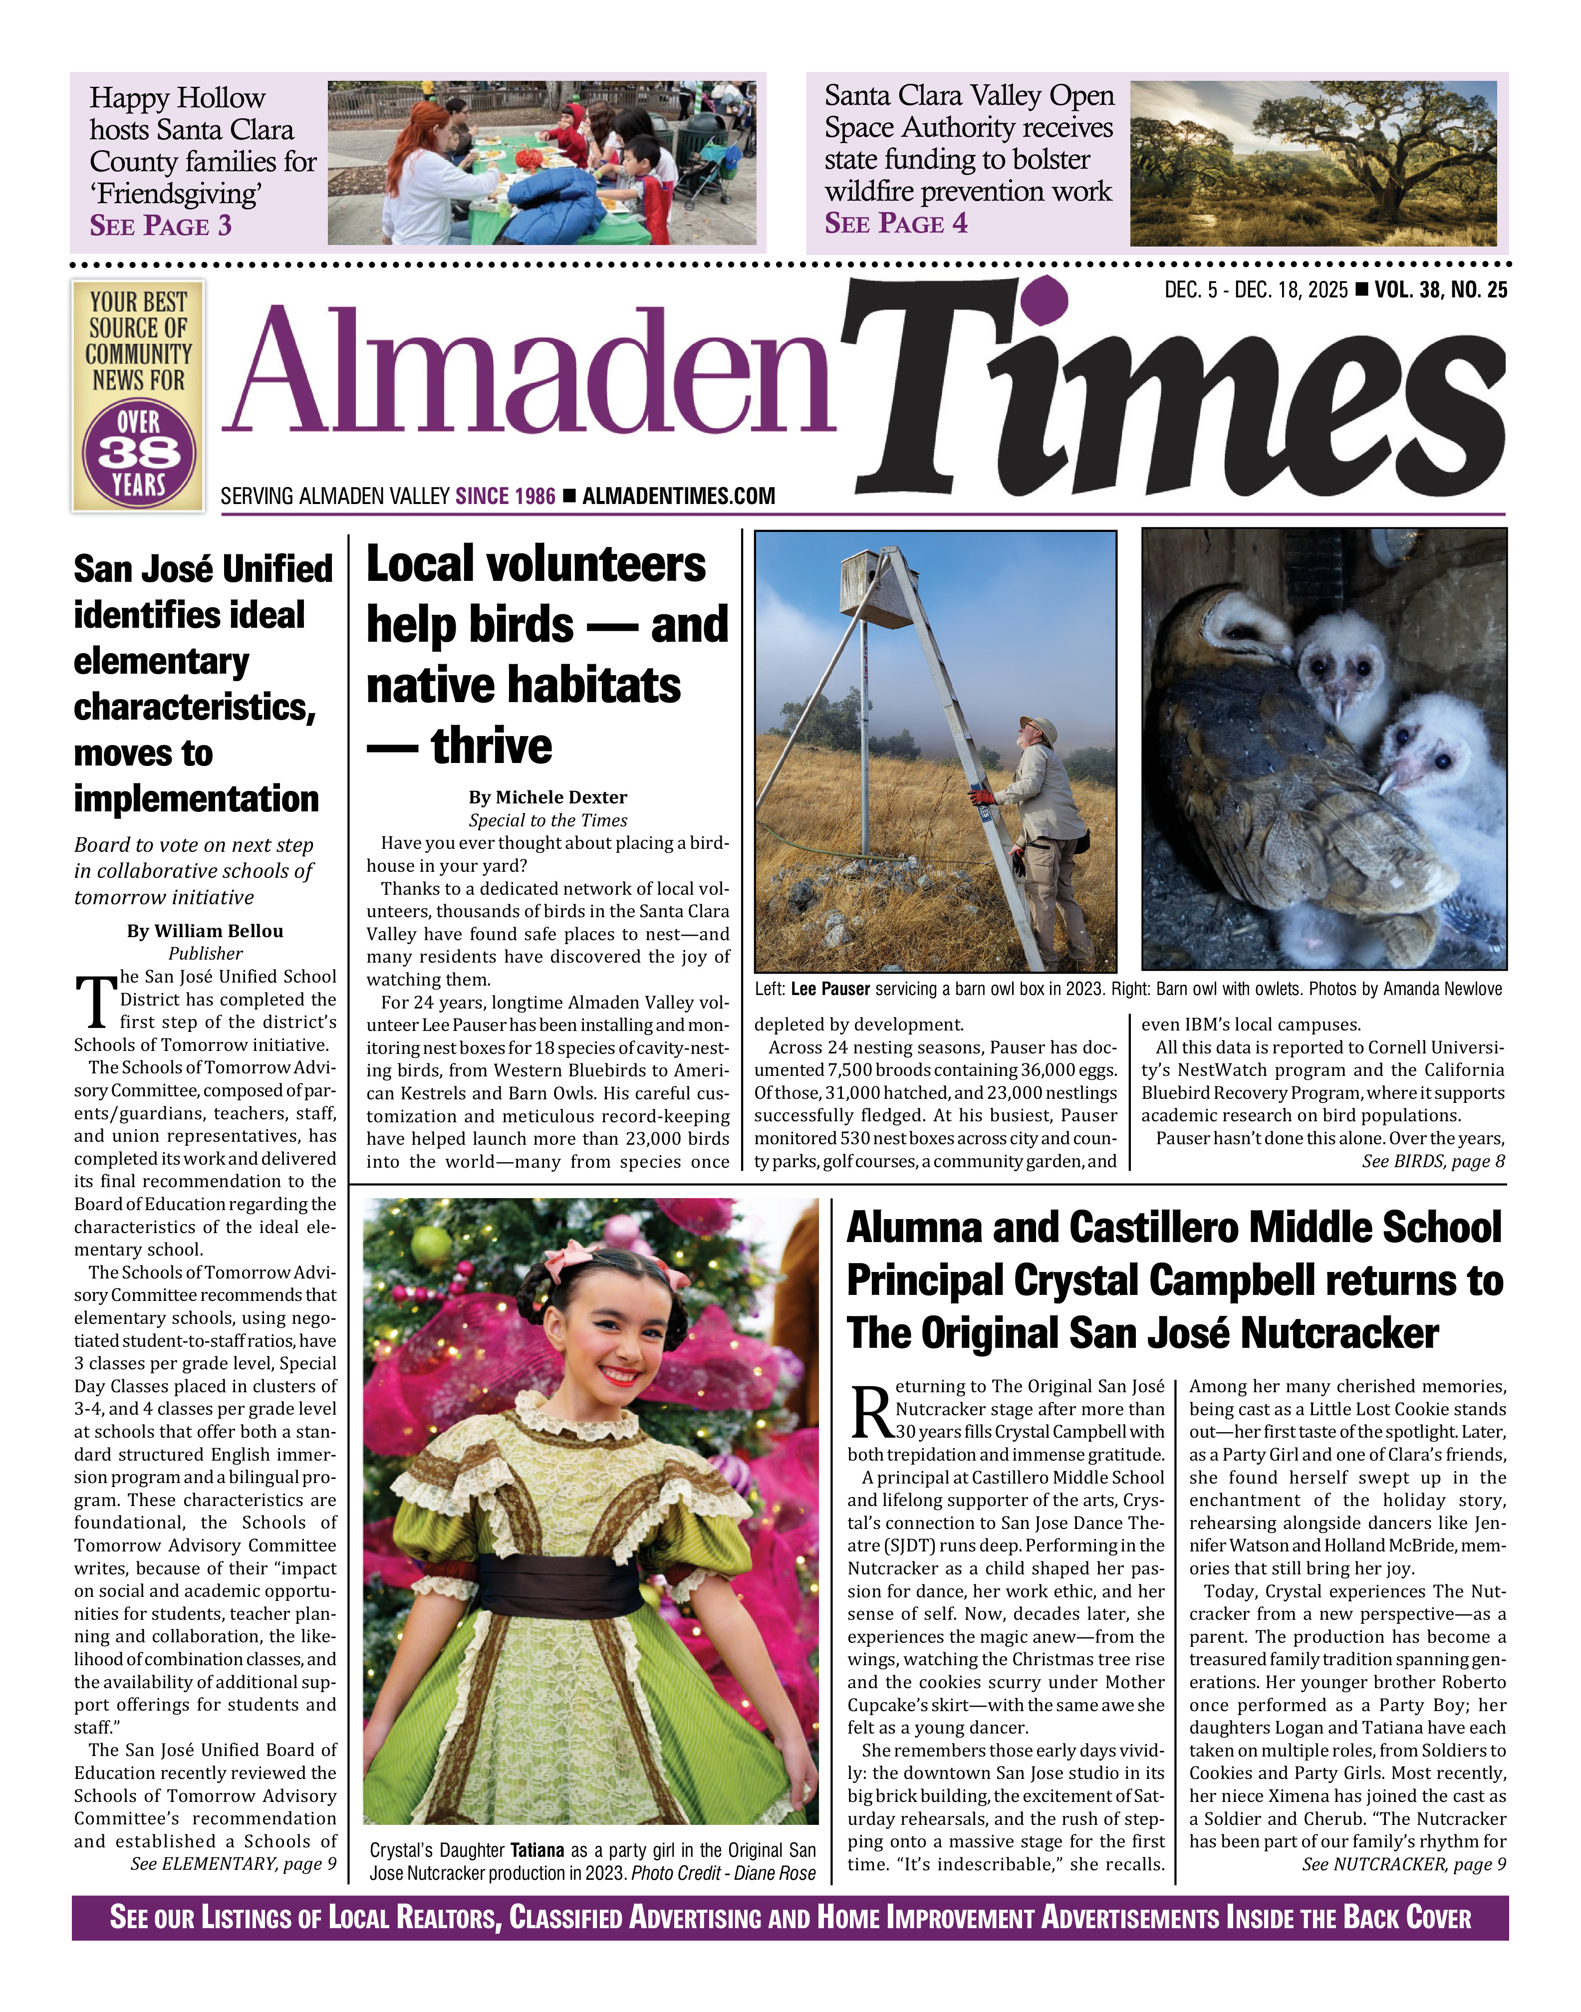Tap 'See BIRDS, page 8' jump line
click(x=1433, y=1162)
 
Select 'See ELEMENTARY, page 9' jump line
click(x=233, y=1864)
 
